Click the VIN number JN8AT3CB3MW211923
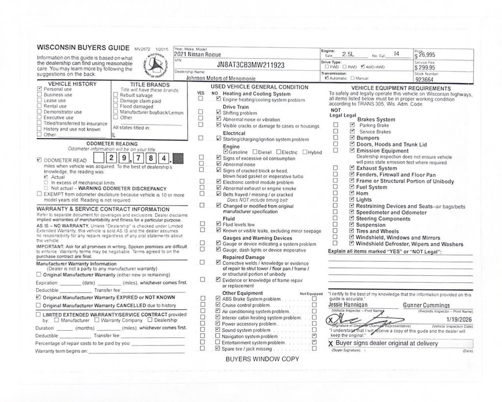(250, 65)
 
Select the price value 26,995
(426, 55)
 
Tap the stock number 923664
(424, 80)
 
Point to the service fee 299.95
(426, 68)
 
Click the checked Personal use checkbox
(40, 89)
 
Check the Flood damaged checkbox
(115, 107)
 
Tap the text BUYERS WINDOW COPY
(262, 359)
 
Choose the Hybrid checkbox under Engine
(305, 152)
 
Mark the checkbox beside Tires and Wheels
(351, 231)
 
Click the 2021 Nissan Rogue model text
(198, 54)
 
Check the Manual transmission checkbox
(352, 78)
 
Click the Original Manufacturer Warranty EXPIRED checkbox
(39, 297)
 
